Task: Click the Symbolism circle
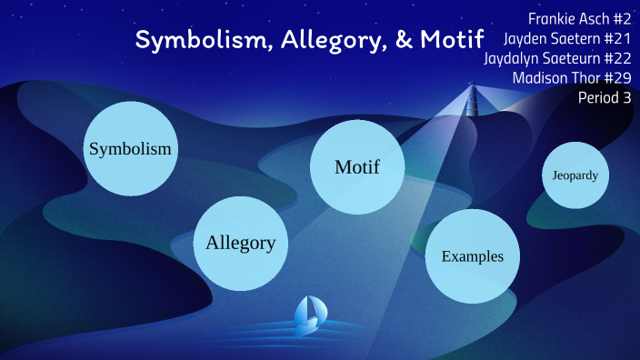pyautogui.click(x=130, y=149)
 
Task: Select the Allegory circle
pyautogui.click(x=240, y=243)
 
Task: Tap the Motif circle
pyautogui.click(x=356, y=167)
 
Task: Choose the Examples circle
pyautogui.click(x=472, y=255)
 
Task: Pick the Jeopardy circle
pyautogui.click(x=575, y=175)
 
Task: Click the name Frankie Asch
pyautogui.click(x=567, y=18)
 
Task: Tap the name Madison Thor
pyautogui.click(x=555, y=78)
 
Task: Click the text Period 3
pyautogui.click(x=605, y=98)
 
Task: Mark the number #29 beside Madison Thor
pyautogui.click(x=616, y=78)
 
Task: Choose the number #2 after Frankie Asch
pyautogui.click(x=621, y=18)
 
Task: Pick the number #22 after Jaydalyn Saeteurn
pyautogui.click(x=616, y=58)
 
